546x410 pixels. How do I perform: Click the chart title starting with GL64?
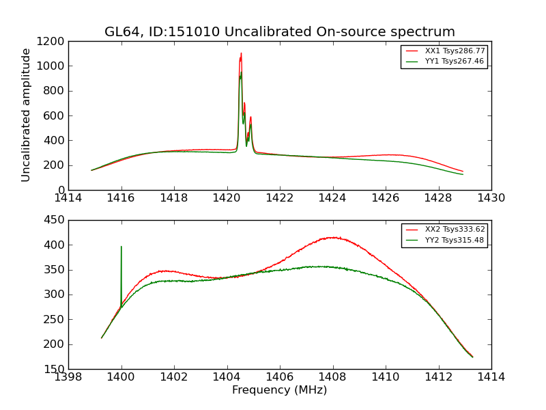pyautogui.click(x=279, y=32)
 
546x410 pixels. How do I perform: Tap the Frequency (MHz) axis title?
pyautogui.click(x=279, y=390)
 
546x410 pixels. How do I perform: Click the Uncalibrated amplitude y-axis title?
pyautogui.click(x=27, y=115)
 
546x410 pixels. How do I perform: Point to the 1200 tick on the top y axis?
pyautogui.click(x=52, y=41)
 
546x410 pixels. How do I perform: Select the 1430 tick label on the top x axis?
pyautogui.click(x=491, y=198)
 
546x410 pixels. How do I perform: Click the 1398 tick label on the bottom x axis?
pyautogui.click(x=68, y=377)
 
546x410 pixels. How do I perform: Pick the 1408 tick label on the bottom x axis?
pyautogui.click(x=332, y=377)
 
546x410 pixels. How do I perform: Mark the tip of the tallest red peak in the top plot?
pyautogui.click(x=241, y=53)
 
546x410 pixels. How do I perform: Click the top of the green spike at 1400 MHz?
pyautogui.click(x=121, y=247)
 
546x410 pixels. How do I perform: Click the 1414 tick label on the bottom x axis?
pyautogui.click(x=491, y=377)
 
